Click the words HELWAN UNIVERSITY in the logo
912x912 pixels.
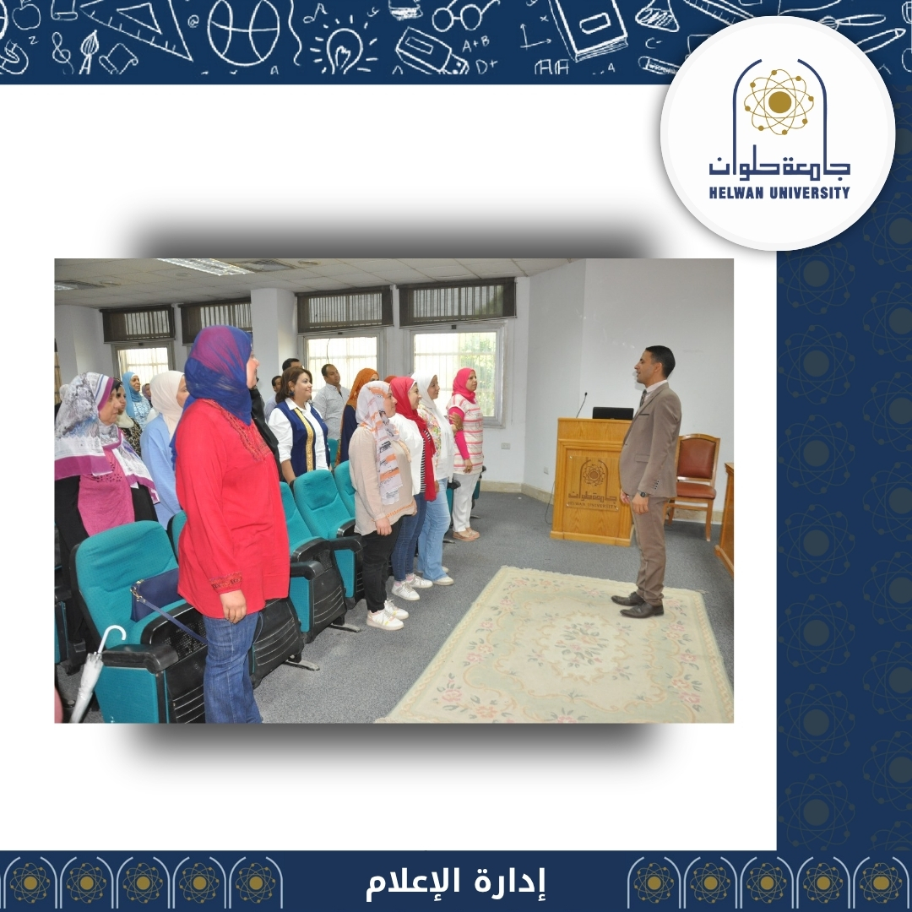click(779, 193)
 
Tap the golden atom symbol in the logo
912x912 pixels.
click(779, 102)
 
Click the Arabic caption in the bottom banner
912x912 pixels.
click(455, 882)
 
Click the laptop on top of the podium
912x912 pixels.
click(612, 413)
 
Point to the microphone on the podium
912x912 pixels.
click(581, 404)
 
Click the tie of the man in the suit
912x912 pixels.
click(642, 399)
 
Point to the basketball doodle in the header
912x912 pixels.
click(244, 32)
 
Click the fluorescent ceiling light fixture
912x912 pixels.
click(204, 266)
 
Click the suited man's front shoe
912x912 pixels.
click(642, 611)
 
